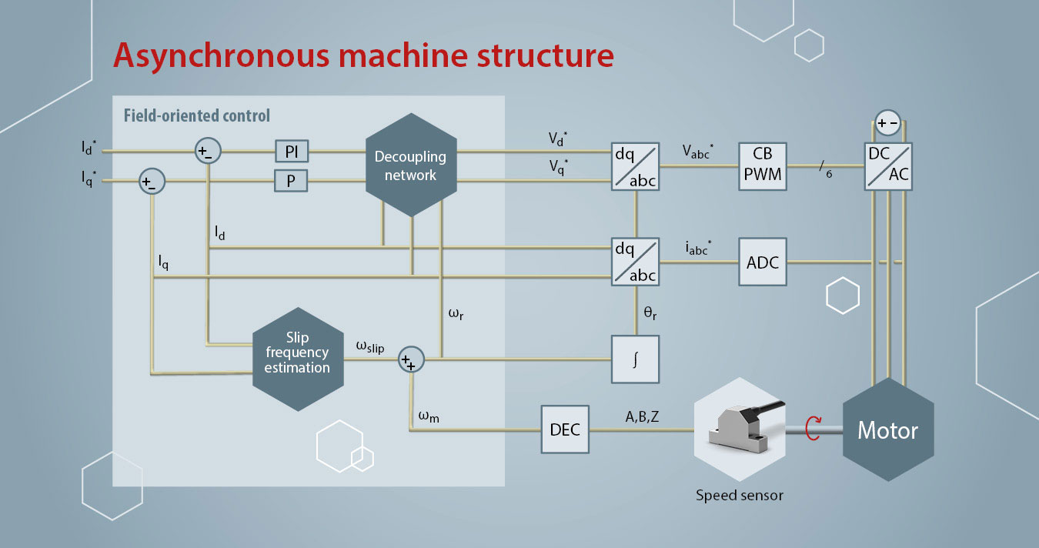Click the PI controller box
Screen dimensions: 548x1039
click(292, 152)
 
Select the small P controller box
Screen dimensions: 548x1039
click(292, 181)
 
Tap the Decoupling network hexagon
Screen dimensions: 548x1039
click(411, 166)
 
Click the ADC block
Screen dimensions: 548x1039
click(763, 262)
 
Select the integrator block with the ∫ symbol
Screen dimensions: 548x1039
click(636, 359)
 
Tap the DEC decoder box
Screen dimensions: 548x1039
click(565, 429)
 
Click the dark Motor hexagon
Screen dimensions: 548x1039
click(888, 429)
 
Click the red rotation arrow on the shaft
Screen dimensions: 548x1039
click(811, 429)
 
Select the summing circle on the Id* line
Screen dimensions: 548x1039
click(207, 152)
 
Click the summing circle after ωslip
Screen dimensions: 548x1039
click(410, 359)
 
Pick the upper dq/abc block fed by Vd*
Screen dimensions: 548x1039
click(636, 165)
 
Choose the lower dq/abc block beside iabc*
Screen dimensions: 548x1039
click(636, 262)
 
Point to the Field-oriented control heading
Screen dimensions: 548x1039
click(197, 116)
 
